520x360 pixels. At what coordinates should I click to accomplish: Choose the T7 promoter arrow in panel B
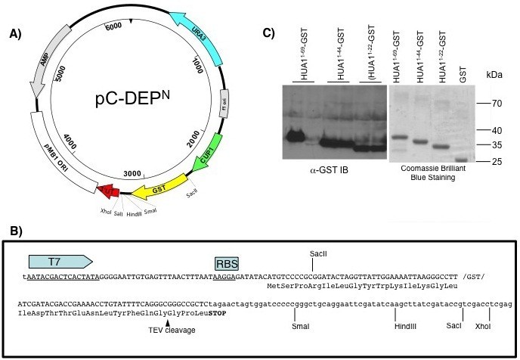(x=60, y=261)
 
